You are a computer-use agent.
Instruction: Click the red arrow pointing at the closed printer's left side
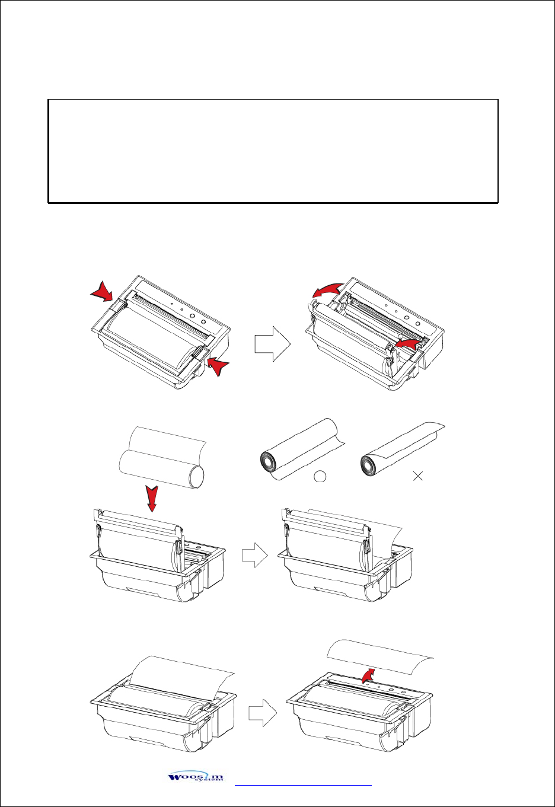pyautogui.click(x=102, y=292)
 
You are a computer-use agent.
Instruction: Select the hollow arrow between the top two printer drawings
pyautogui.click(x=272, y=345)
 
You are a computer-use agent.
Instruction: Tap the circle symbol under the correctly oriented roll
pyautogui.click(x=321, y=476)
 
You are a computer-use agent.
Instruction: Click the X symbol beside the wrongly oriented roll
pyautogui.click(x=418, y=476)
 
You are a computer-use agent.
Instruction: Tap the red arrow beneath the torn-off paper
pyautogui.click(x=369, y=674)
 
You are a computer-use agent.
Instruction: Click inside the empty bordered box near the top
pyautogui.click(x=273, y=151)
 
